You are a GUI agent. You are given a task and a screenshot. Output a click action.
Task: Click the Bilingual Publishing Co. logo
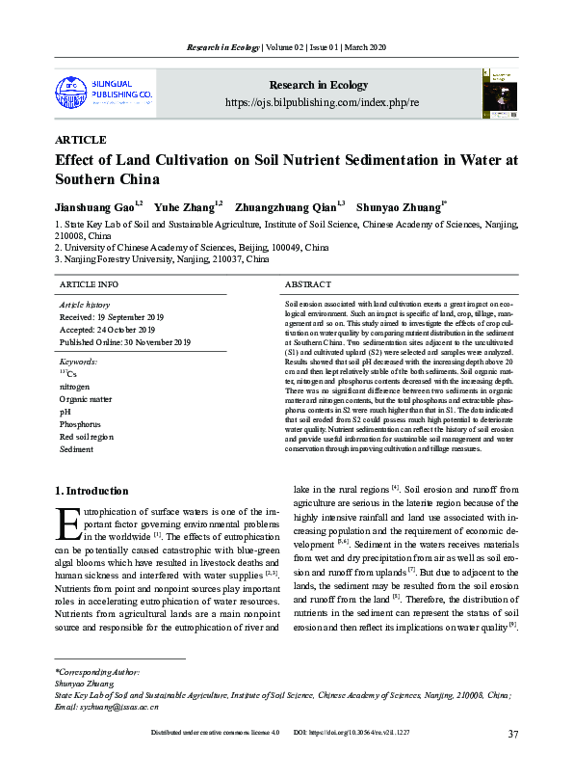pyautogui.click(x=104, y=92)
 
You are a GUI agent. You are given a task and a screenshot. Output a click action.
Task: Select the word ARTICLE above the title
pyautogui.click(x=81, y=140)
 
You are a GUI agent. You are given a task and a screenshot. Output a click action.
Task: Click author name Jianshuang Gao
pyautogui.click(x=96, y=206)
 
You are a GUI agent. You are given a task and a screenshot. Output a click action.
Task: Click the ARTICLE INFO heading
pyautogui.click(x=89, y=285)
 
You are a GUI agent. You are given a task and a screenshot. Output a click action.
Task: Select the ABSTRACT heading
pyautogui.click(x=308, y=285)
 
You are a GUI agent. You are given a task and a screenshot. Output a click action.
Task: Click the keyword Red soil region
pyautogui.click(x=86, y=437)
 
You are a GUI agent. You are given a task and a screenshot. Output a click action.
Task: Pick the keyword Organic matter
pyautogui.click(x=85, y=398)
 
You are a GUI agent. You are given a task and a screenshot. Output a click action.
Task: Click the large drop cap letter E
pyautogui.click(x=68, y=524)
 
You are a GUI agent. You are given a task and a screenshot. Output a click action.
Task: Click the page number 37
pyautogui.click(x=513, y=735)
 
